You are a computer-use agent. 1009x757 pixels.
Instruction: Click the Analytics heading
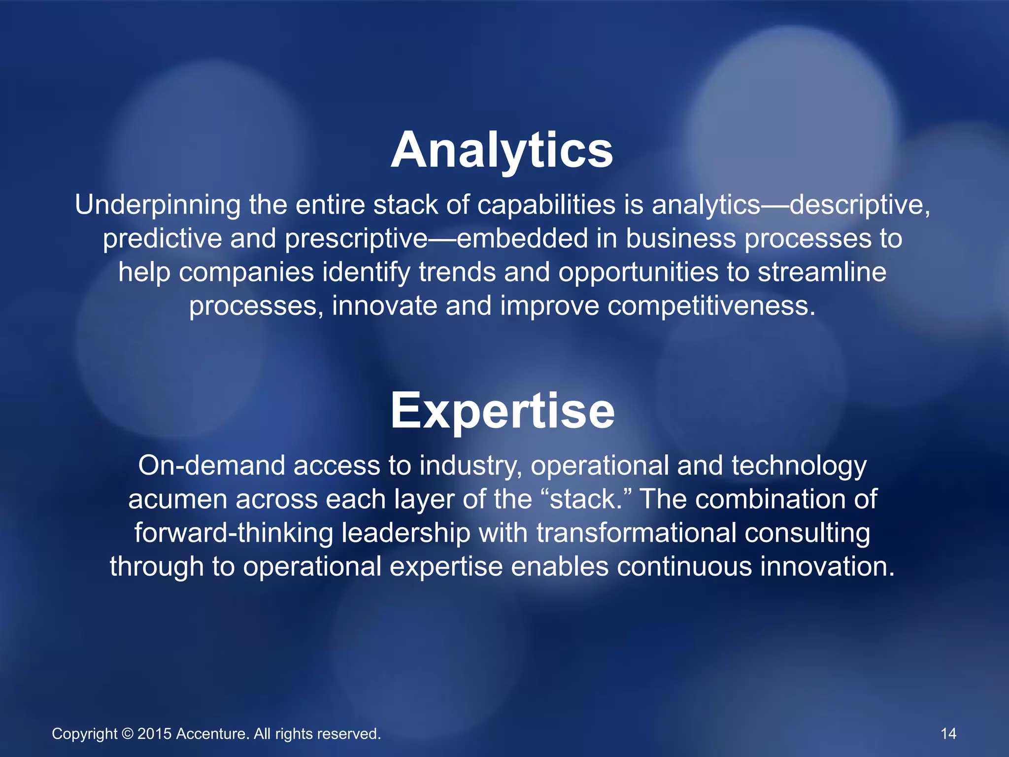coord(502,150)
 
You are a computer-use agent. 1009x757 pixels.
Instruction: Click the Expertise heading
coord(502,411)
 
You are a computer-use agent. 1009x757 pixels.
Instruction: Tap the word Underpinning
coord(158,205)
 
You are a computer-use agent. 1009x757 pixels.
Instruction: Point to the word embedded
coord(522,239)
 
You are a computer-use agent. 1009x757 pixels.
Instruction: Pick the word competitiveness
coord(711,306)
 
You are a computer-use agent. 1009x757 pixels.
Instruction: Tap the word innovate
coord(384,306)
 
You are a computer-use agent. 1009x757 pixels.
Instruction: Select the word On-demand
coord(211,466)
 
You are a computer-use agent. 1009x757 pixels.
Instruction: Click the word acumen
coord(178,499)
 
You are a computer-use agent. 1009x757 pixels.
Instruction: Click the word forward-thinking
coord(234,533)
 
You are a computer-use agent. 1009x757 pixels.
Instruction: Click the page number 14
coord(948,734)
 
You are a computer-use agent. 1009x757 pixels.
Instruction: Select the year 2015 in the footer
coord(154,734)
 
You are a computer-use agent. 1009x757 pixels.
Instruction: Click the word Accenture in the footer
coord(212,734)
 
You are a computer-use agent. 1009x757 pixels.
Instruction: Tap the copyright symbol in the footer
coord(127,734)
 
